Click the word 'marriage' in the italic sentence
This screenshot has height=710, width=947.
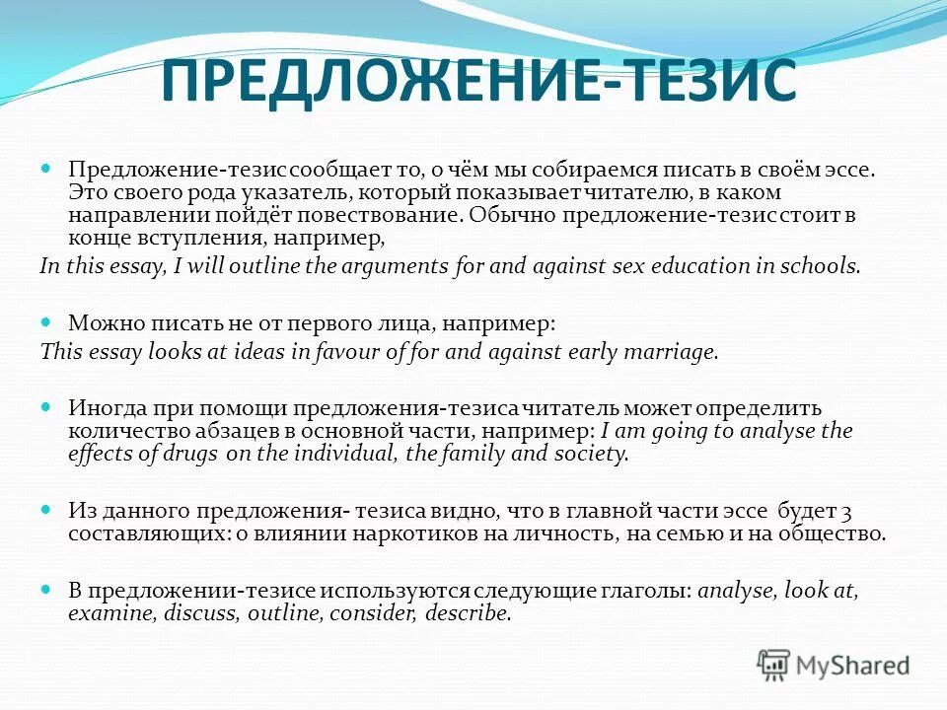(678, 352)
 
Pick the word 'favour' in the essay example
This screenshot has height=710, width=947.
(374, 352)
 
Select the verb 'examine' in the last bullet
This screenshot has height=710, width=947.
(107, 612)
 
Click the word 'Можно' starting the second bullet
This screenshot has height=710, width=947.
(100, 322)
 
